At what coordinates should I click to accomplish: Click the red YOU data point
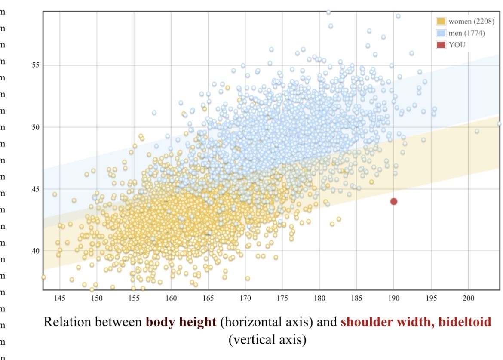[393, 201]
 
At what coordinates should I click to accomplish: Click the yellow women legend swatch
[441, 21]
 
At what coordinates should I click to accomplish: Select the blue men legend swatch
[441, 33]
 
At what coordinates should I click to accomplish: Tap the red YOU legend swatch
[441, 45]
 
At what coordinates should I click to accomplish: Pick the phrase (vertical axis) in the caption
[267, 340]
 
